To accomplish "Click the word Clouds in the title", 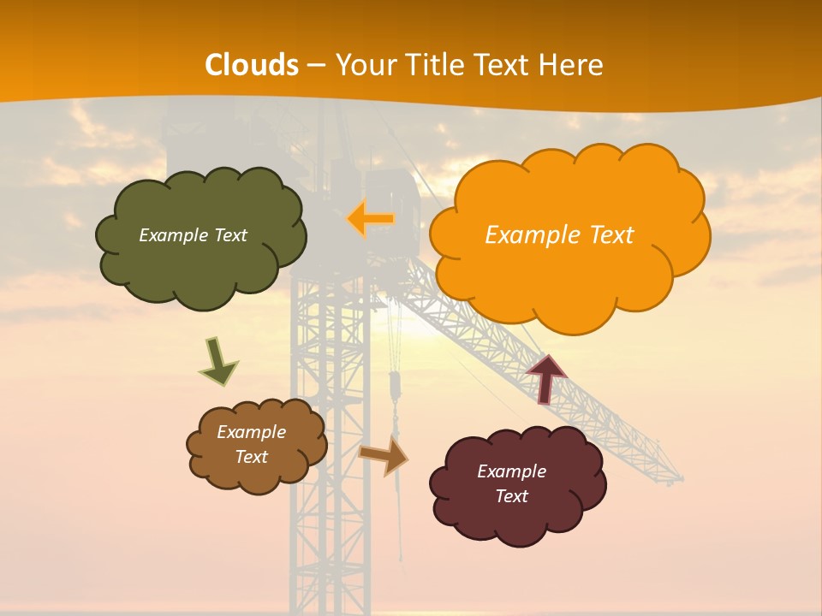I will (252, 65).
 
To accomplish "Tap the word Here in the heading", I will (573, 65).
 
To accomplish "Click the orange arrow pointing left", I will (371, 219).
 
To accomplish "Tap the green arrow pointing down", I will (217, 361).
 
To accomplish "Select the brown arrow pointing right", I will (384, 454).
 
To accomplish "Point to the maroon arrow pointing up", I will (545, 378).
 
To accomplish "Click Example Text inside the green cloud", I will (193, 235).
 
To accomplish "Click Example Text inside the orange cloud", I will (559, 235).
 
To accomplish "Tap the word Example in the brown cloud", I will (251, 432).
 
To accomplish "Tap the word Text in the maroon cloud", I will (511, 496).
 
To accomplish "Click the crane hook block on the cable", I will (395, 386).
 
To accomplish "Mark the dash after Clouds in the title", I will (316, 65).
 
